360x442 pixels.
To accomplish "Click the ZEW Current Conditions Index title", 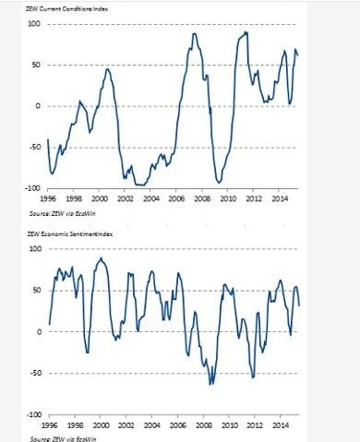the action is [x=66, y=9].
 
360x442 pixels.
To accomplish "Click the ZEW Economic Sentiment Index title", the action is [x=70, y=234].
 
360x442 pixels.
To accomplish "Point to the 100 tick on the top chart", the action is [x=34, y=24].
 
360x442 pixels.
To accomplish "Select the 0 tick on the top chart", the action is [x=38, y=106].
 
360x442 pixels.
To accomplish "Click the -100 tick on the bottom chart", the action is [x=34, y=414].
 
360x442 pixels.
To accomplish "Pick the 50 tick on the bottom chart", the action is [x=37, y=291].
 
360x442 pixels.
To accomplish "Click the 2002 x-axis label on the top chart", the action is [x=126, y=198].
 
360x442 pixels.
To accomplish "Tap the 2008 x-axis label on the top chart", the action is [x=203, y=198].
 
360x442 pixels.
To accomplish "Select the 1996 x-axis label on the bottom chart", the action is [x=49, y=425].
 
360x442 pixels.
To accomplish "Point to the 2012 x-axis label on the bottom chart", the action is [x=255, y=425].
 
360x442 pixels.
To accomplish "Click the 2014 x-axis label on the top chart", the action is [x=281, y=198].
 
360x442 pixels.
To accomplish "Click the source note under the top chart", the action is [x=63, y=213].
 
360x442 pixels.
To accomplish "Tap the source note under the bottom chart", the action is [x=64, y=438].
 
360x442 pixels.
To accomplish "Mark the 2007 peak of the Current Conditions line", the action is [x=194, y=33].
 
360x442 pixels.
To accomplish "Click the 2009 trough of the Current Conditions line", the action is [x=219, y=183].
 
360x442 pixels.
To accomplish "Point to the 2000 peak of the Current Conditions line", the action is [x=107, y=69].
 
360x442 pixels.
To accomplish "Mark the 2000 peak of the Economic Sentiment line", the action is [x=101, y=258].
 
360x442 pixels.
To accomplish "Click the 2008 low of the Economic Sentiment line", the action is [x=210, y=385].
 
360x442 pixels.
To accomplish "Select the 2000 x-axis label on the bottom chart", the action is [x=101, y=425].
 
